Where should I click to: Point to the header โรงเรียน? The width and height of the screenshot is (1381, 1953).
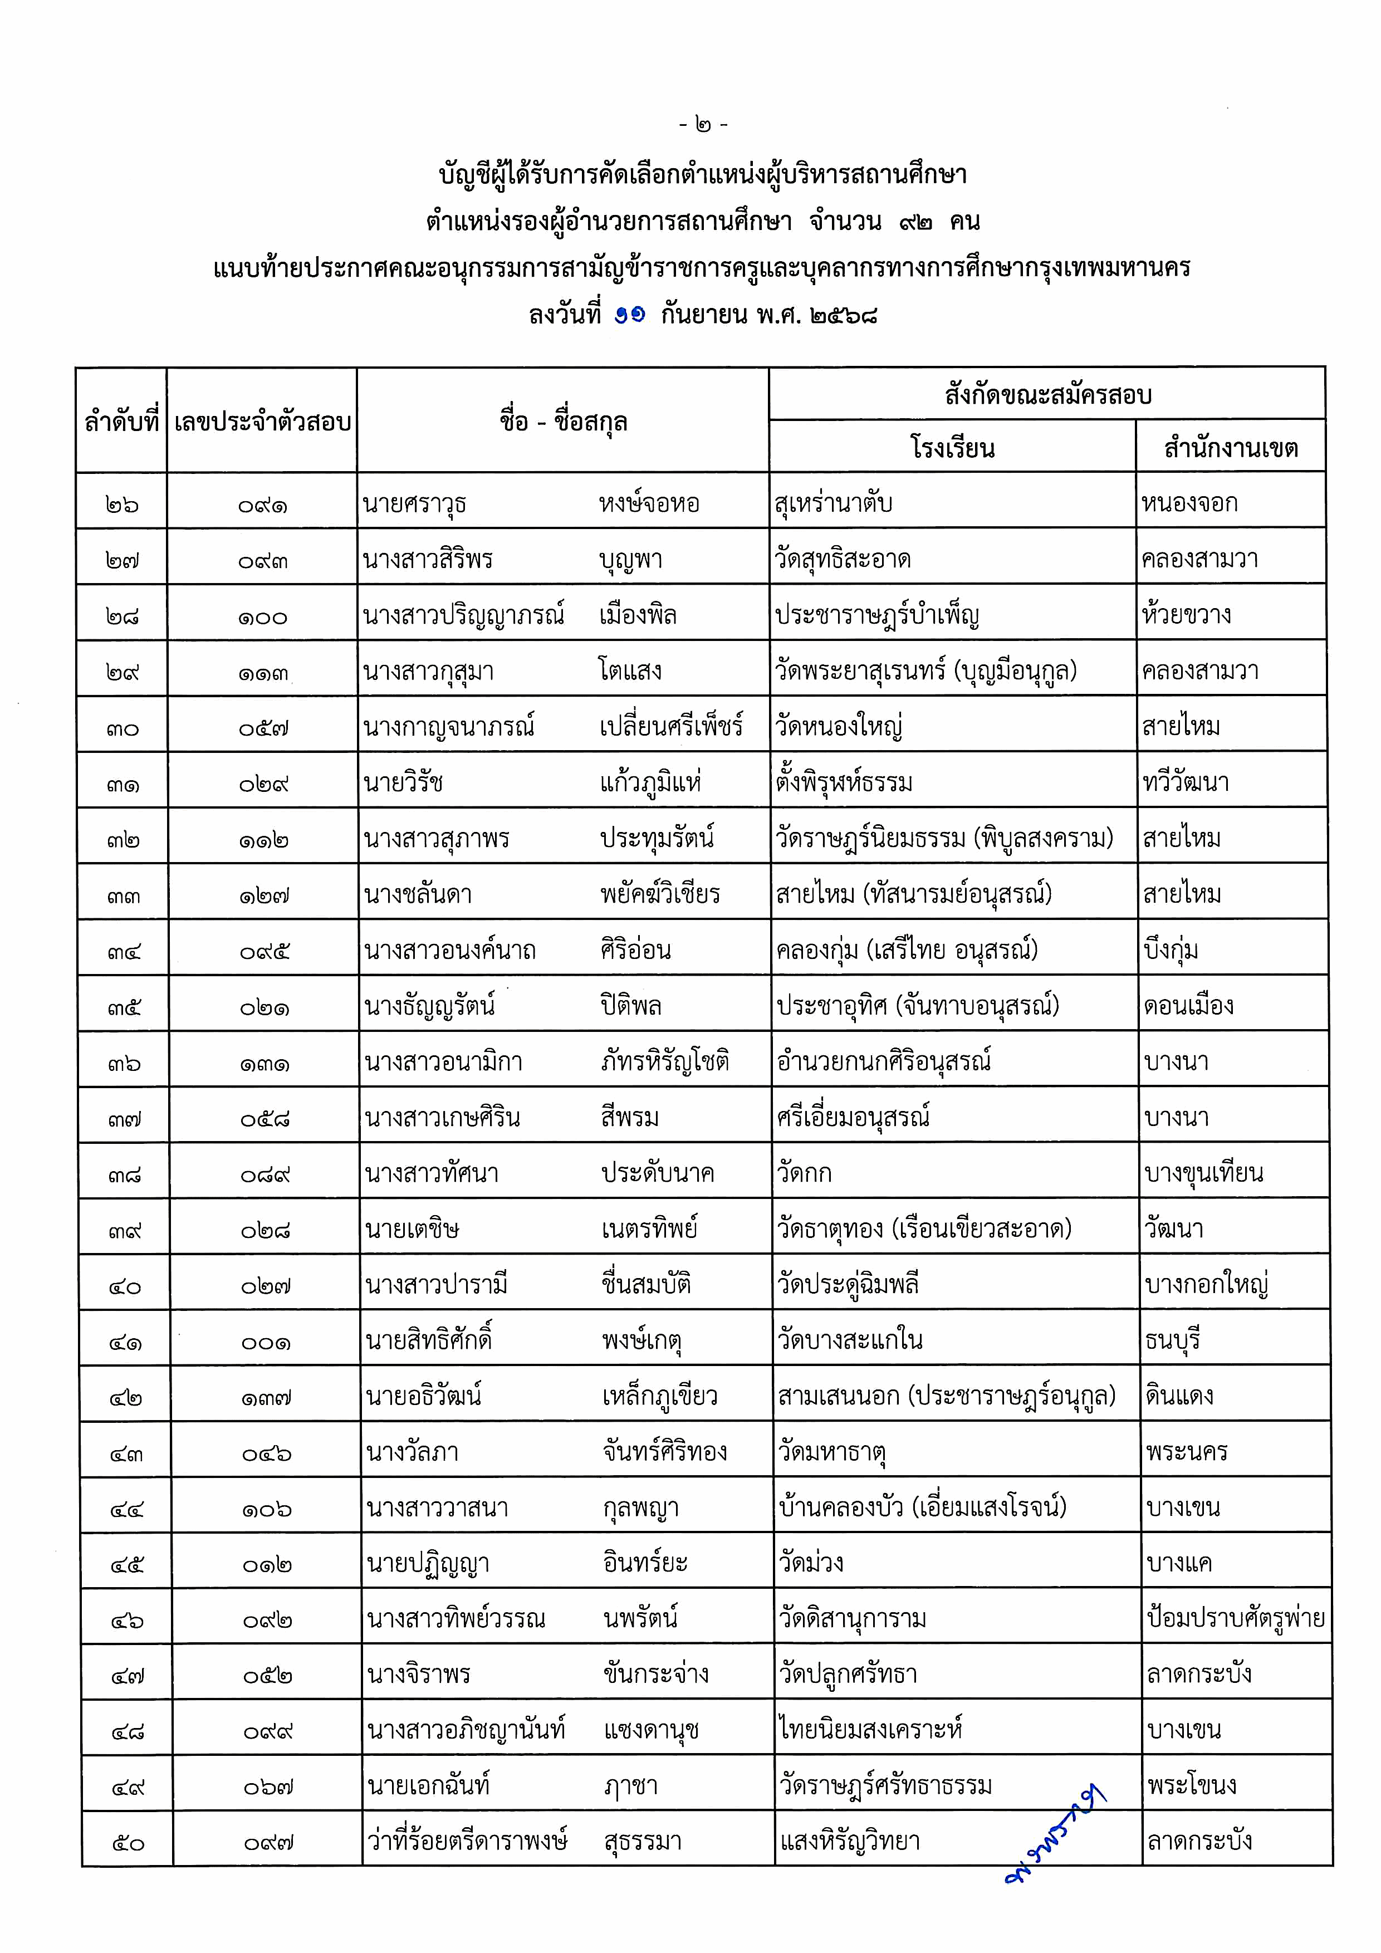pyautogui.click(x=952, y=447)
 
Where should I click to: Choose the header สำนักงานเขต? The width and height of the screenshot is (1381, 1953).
pyautogui.click(x=1231, y=447)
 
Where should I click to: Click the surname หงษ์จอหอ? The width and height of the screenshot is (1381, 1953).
pyautogui.click(x=649, y=503)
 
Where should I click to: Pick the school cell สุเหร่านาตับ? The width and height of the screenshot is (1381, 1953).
pyautogui.click(x=834, y=503)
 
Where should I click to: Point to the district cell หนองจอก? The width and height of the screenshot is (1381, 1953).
pyautogui.click(x=1189, y=503)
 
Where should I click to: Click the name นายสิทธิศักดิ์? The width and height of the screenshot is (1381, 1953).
pyautogui.click(x=429, y=1340)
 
